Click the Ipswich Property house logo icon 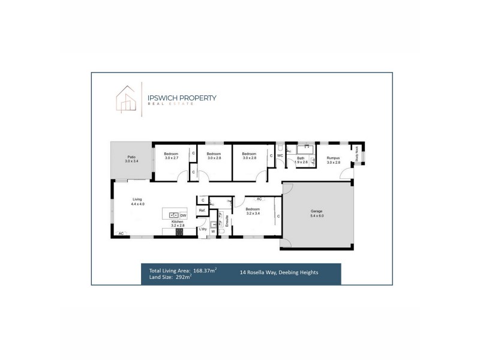tap(124, 100)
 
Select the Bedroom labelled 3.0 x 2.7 tap(171, 155)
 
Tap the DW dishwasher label tap(183, 215)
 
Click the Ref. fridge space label tap(202, 211)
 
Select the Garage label tap(317, 213)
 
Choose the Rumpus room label tap(334, 160)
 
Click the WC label tap(280, 156)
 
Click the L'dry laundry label tap(203, 230)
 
